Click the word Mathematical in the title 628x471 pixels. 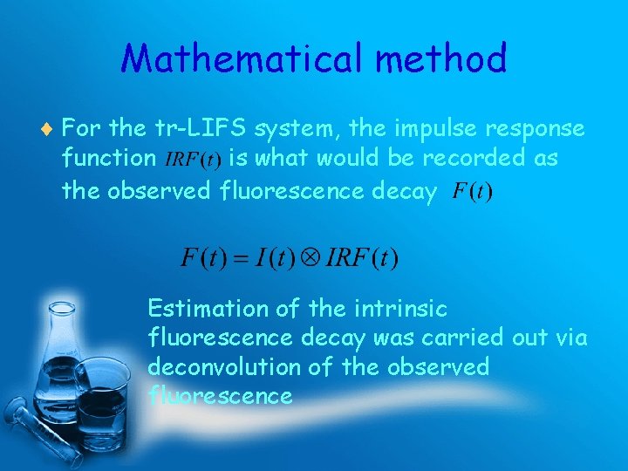click(x=242, y=59)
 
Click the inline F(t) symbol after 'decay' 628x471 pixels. click(x=471, y=192)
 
